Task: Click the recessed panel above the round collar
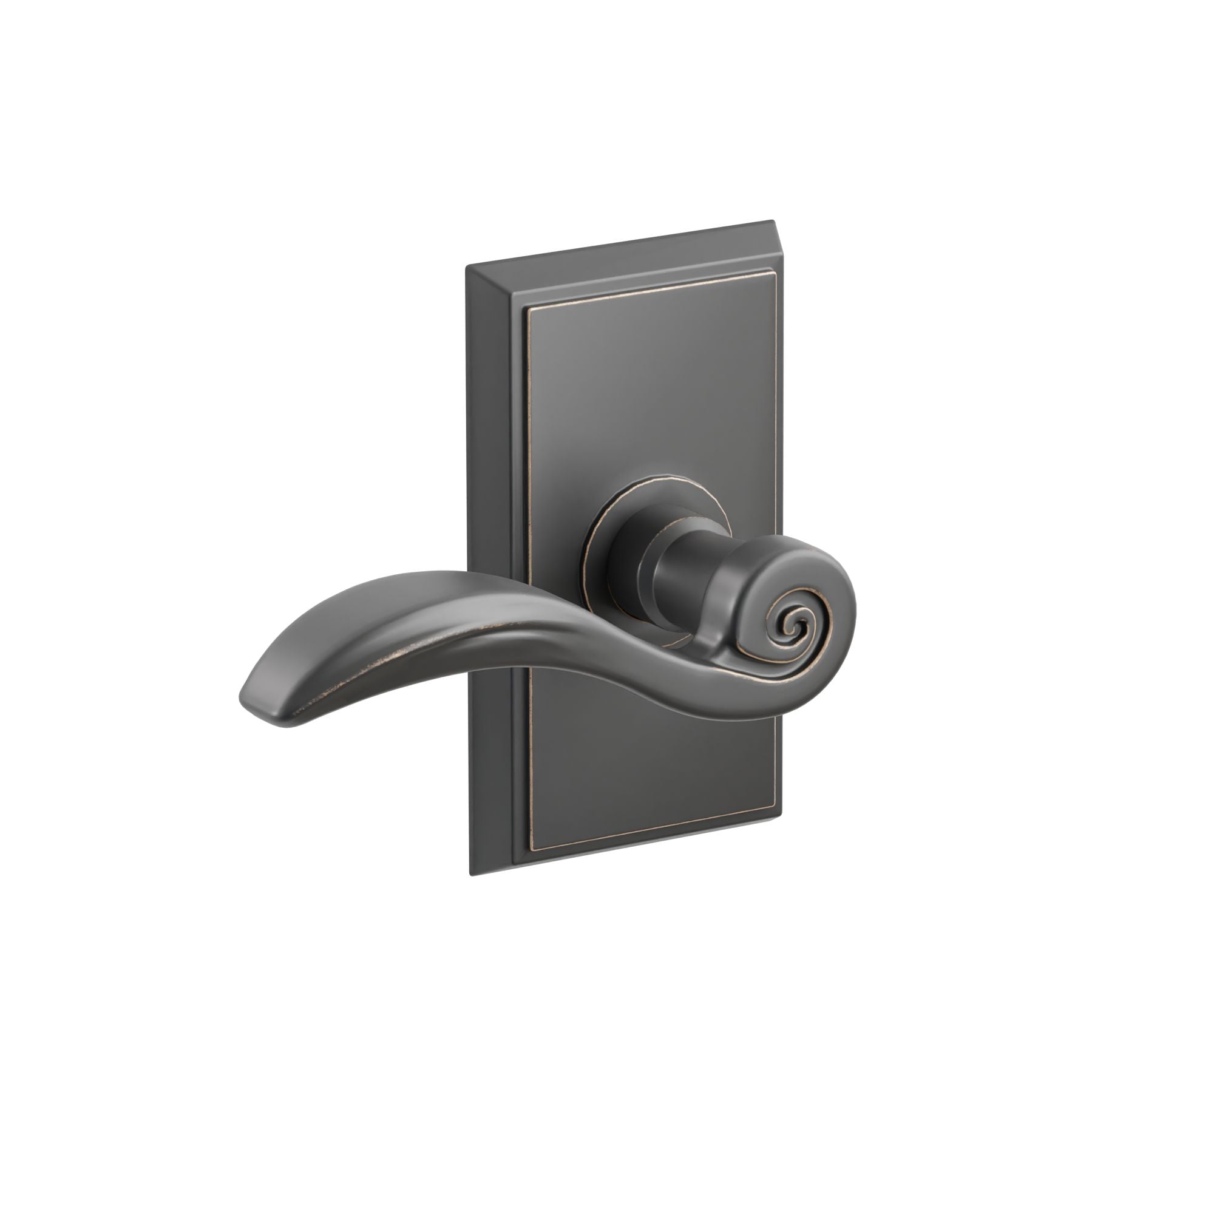coord(647,390)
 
